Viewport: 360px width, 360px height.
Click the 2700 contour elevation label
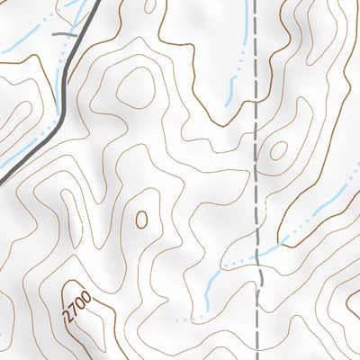pos(77,304)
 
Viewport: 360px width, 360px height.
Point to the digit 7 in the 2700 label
pos(75,308)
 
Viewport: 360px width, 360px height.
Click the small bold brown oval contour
pos(141,218)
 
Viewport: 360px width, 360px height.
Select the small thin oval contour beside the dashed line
pos(278,150)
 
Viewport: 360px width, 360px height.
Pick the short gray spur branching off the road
pos(63,33)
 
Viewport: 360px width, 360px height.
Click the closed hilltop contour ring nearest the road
pos(133,86)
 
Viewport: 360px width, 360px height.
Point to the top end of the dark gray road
pos(93,2)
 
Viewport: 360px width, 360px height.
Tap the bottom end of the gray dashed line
pos(258,358)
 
